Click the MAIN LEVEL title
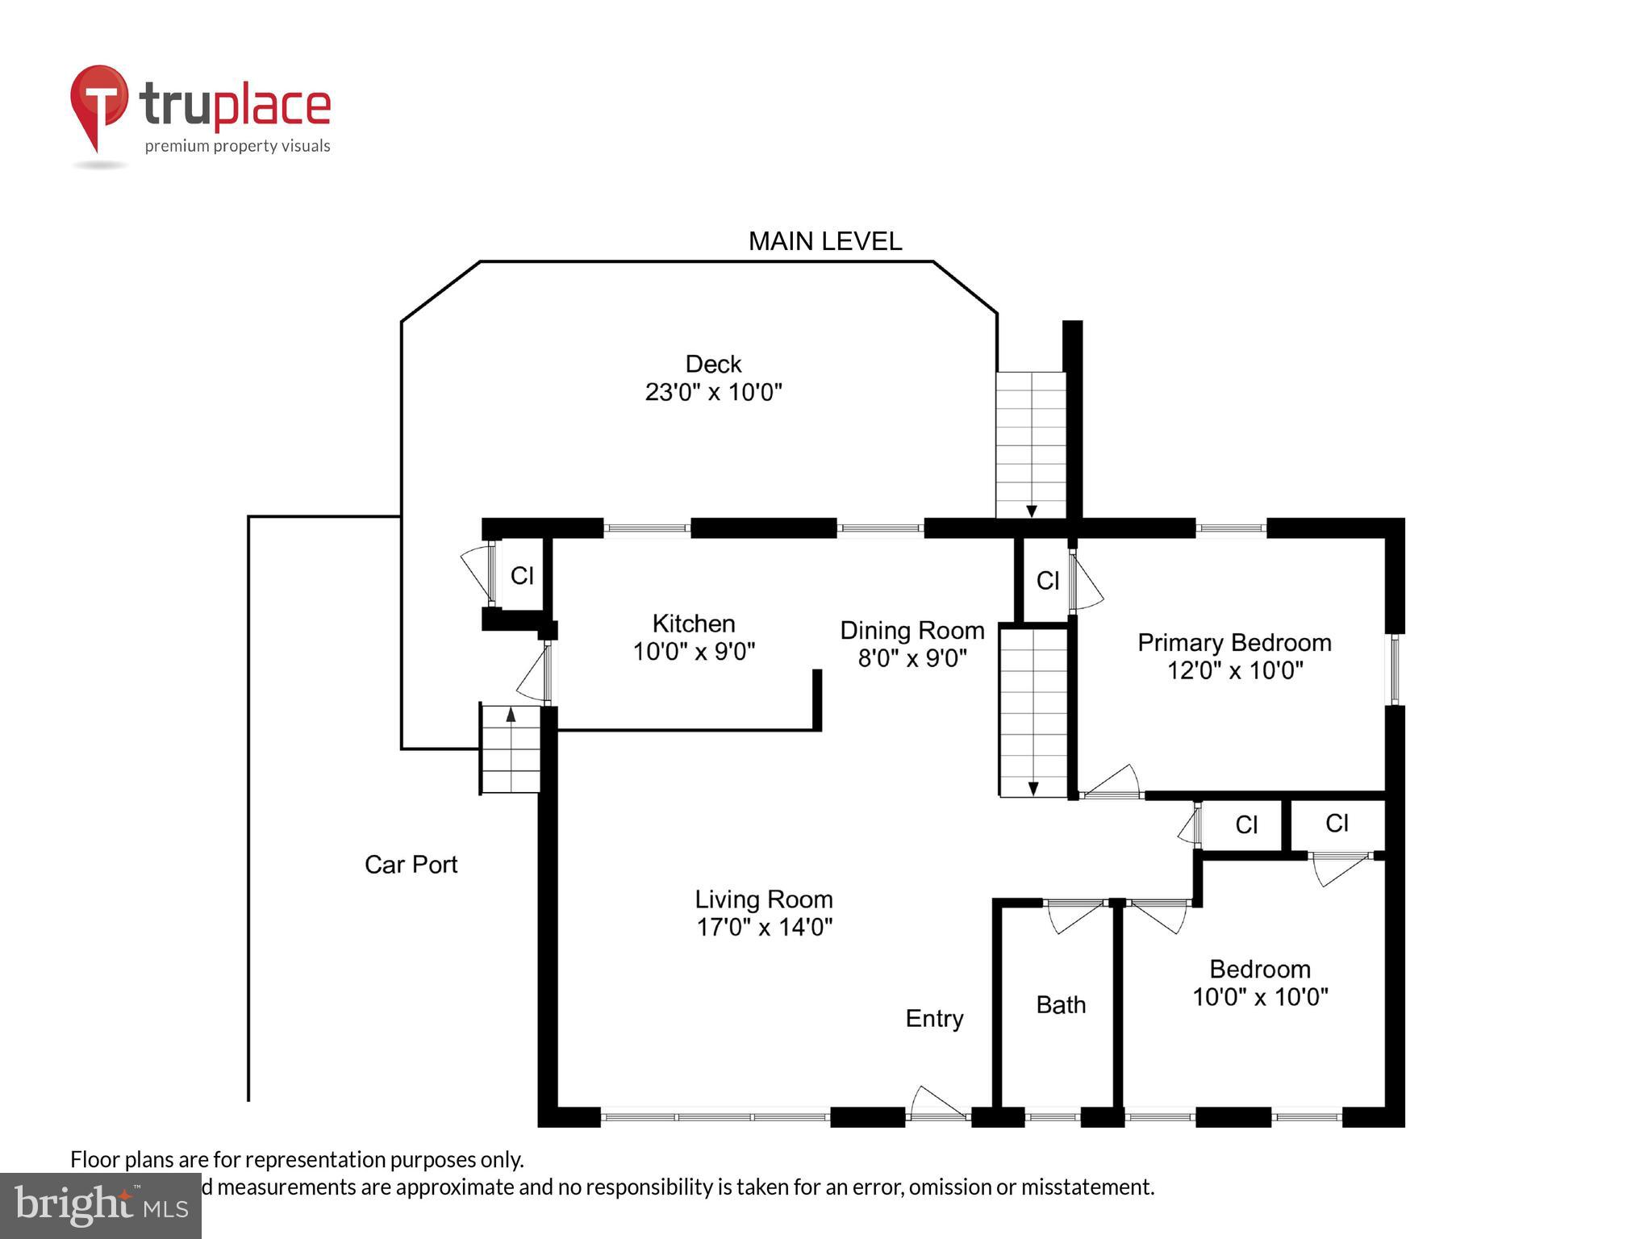click(x=824, y=241)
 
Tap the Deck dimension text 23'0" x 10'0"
click(x=713, y=393)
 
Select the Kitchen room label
click(x=693, y=624)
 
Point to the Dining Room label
click(x=912, y=631)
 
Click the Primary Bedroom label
click(x=1233, y=643)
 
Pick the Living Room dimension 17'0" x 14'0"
click(x=763, y=928)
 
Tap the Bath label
click(x=1060, y=1005)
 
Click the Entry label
click(x=933, y=1019)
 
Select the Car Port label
click(x=411, y=865)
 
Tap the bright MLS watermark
click(x=100, y=1205)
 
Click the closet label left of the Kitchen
click(x=522, y=576)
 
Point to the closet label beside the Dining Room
click(x=1047, y=581)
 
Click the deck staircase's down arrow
click(x=1031, y=511)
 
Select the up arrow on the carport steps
click(x=511, y=714)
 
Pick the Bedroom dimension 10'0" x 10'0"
click(x=1259, y=998)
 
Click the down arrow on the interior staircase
click(x=1032, y=788)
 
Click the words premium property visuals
click(x=237, y=147)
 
